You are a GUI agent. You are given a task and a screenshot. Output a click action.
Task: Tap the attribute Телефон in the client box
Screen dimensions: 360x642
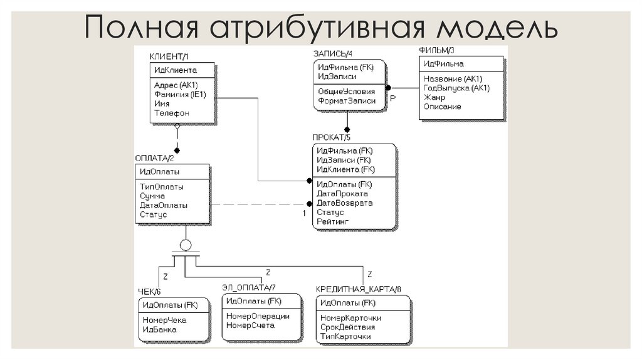click(x=171, y=114)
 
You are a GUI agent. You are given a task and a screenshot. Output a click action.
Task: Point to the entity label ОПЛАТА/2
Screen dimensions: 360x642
click(x=155, y=157)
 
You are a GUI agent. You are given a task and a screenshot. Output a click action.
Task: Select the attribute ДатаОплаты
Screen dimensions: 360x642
click(x=164, y=205)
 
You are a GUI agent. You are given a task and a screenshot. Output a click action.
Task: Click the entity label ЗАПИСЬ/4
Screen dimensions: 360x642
click(x=333, y=54)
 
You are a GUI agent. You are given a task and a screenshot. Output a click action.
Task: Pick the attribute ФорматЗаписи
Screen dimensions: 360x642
click(x=347, y=100)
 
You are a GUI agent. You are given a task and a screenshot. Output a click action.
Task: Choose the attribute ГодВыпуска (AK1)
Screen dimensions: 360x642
click(x=456, y=88)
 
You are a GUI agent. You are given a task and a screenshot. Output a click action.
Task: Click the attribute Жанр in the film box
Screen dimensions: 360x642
click(x=434, y=97)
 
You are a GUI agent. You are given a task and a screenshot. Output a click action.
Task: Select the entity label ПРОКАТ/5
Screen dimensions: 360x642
click(x=331, y=137)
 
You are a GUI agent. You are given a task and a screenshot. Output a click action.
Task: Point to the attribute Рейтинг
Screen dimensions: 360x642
click(x=333, y=221)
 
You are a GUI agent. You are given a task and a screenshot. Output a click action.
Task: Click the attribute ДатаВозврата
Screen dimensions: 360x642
click(x=345, y=203)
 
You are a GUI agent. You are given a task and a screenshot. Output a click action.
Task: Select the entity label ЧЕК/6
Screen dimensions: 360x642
click(x=149, y=291)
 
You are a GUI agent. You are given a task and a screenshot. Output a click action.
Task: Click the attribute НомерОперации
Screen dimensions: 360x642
click(x=258, y=316)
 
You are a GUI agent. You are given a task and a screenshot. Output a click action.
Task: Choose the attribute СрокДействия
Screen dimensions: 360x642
click(x=347, y=327)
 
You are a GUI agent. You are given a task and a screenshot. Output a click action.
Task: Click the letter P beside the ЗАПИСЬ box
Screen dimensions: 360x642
click(x=392, y=98)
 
